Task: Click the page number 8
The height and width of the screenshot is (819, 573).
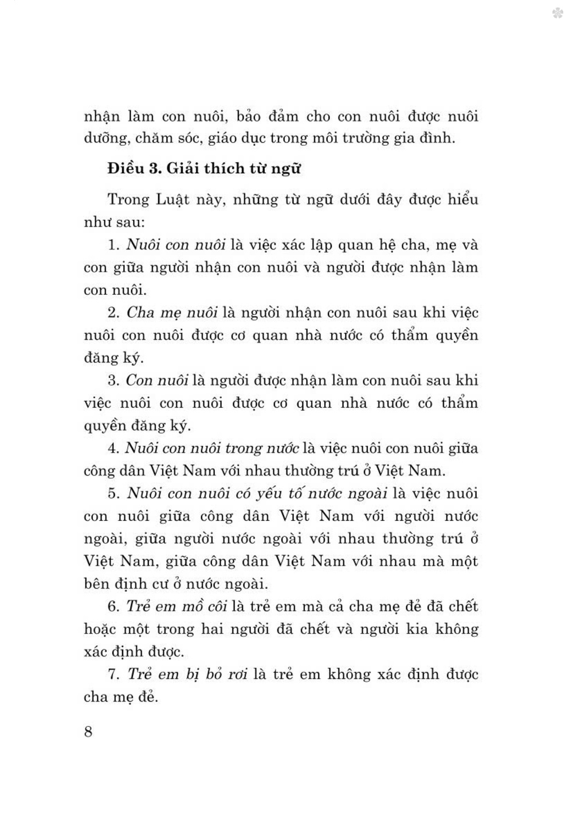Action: click(x=88, y=732)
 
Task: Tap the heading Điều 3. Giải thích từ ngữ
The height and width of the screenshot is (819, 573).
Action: click(x=203, y=169)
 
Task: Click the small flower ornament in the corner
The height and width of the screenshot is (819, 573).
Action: click(x=558, y=13)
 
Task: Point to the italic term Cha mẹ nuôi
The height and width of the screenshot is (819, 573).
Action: click(x=171, y=313)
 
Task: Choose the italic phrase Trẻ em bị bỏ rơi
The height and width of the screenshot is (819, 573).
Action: click(x=187, y=674)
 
